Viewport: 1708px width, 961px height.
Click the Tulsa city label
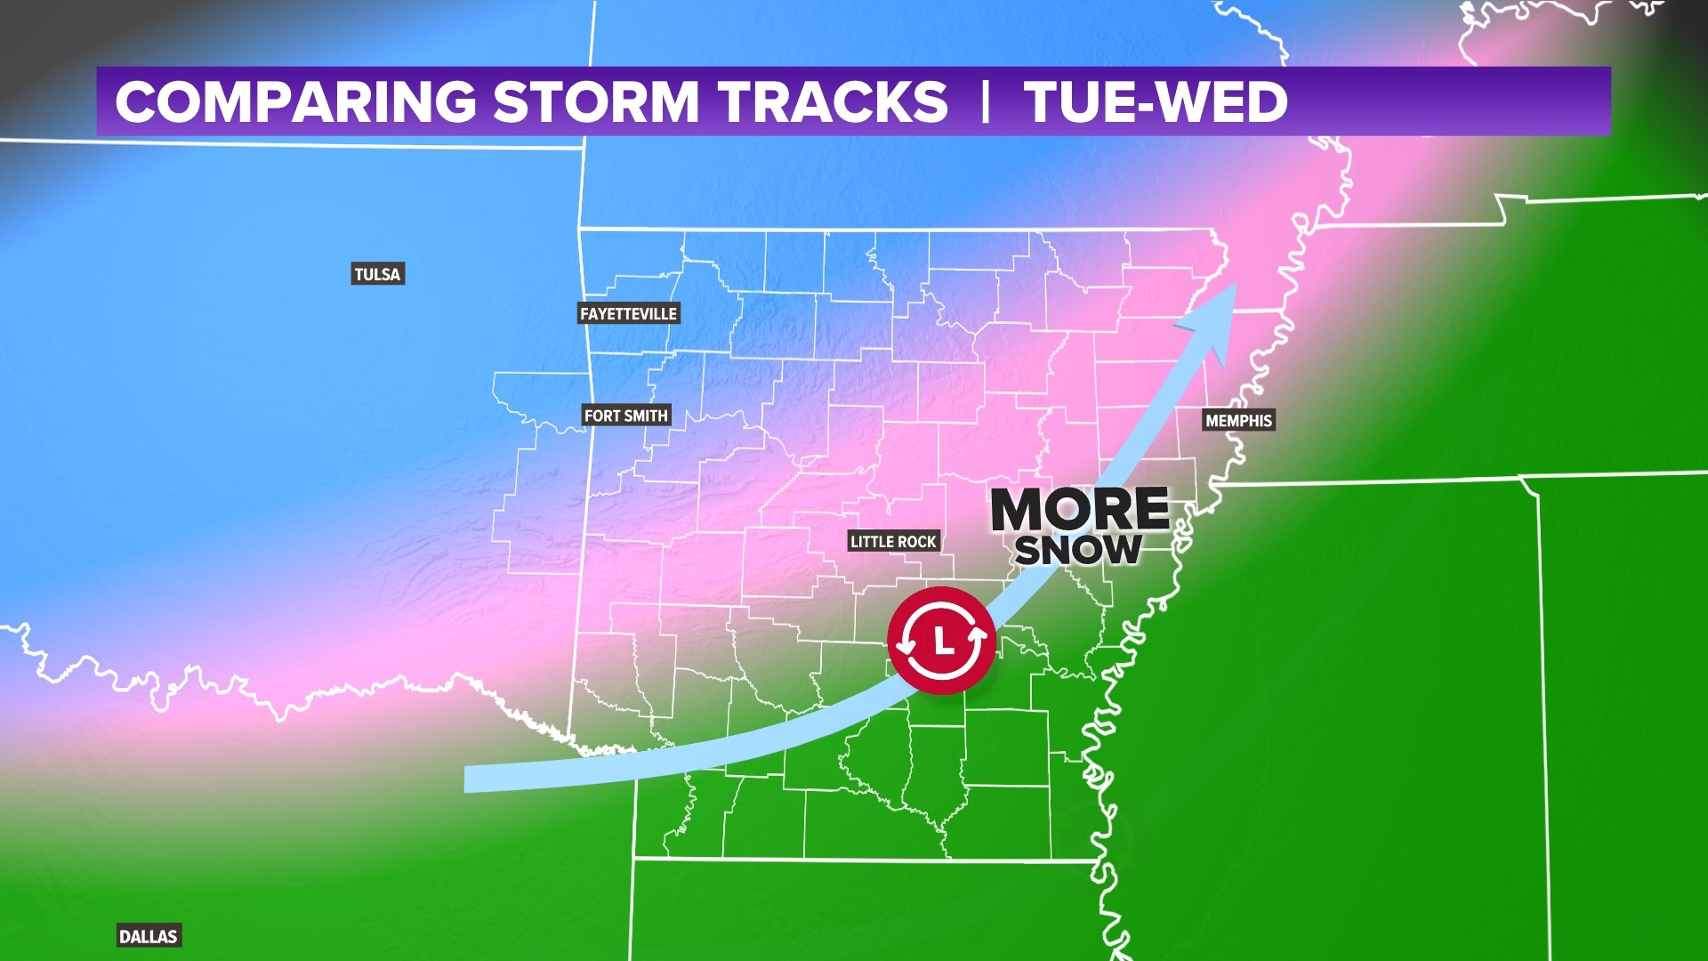click(x=377, y=274)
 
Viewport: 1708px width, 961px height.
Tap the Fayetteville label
click(x=628, y=313)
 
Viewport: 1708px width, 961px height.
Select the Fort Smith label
click(x=625, y=416)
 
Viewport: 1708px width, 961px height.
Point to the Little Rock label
click(x=893, y=541)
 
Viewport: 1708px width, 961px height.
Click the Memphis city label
click(x=1238, y=420)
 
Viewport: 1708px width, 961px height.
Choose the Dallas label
click(x=149, y=936)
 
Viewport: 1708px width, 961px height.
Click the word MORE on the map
click(x=1079, y=510)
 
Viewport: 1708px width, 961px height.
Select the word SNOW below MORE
click(x=1078, y=550)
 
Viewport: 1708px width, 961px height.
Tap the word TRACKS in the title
click(x=834, y=101)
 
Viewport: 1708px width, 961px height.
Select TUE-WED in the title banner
click(x=1156, y=101)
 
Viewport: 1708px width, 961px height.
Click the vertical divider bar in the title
click(x=985, y=101)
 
